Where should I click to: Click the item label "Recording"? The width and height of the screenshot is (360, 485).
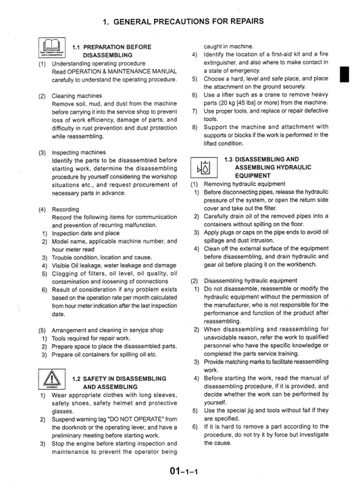[66, 209]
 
